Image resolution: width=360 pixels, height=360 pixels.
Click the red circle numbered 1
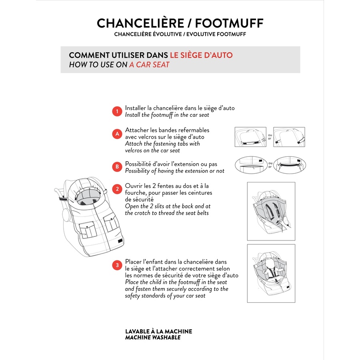[x=117, y=111]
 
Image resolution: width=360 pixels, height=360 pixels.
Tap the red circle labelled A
[x=117, y=134]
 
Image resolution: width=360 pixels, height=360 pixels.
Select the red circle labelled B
[x=117, y=167]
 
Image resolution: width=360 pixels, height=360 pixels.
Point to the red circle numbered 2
[x=117, y=189]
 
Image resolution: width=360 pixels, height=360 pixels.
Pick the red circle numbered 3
[x=117, y=265]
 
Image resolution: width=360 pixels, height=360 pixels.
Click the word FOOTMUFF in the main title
[x=229, y=23]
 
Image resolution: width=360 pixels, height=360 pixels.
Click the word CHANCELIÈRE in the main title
[x=140, y=23]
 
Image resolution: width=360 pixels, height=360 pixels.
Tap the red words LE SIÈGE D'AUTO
[x=201, y=55]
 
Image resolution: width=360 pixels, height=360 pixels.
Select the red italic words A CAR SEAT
[x=149, y=65]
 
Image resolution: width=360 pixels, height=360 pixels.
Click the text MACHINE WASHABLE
[x=153, y=338]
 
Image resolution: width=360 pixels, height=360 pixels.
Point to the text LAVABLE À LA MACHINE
[x=159, y=331]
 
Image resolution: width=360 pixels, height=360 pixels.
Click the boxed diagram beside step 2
[x=271, y=211]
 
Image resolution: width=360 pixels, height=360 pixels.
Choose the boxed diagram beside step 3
[x=271, y=274]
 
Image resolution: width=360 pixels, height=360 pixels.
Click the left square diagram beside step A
[x=250, y=137]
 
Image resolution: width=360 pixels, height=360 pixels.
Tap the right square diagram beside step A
[x=289, y=137]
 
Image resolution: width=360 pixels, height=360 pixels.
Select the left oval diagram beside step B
[x=251, y=165]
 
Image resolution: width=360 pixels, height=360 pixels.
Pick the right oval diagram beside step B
[x=290, y=165]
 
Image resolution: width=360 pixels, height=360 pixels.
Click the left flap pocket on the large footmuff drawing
[x=88, y=229]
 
